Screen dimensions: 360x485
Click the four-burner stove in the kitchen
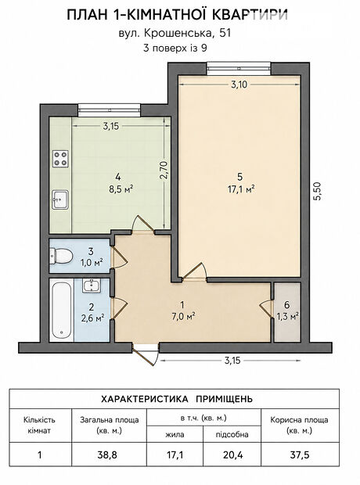[x=60, y=159]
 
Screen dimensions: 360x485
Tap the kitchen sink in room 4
[x=60, y=199]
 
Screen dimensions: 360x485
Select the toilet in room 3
[x=61, y=257]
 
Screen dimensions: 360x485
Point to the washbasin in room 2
[x=92, y=286]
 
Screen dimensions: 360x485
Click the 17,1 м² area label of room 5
[x=241, y=189]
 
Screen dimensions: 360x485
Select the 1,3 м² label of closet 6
[x=286, y=316]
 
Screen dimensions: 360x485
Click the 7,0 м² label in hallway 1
[x=182, y=316]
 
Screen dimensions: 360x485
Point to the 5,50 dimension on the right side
[x=318, y=192]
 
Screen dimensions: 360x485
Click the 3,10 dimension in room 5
[x=239, y=84]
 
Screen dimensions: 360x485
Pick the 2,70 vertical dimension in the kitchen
[x=164, y=170]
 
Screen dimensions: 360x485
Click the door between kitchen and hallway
[x=143, y=223]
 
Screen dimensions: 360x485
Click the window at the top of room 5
[x=239, y=69]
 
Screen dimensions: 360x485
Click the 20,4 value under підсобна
[x=232, y=455]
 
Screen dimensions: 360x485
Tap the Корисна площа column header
[x=300, y=426]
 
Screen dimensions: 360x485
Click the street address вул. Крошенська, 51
[x=175, y=33]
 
